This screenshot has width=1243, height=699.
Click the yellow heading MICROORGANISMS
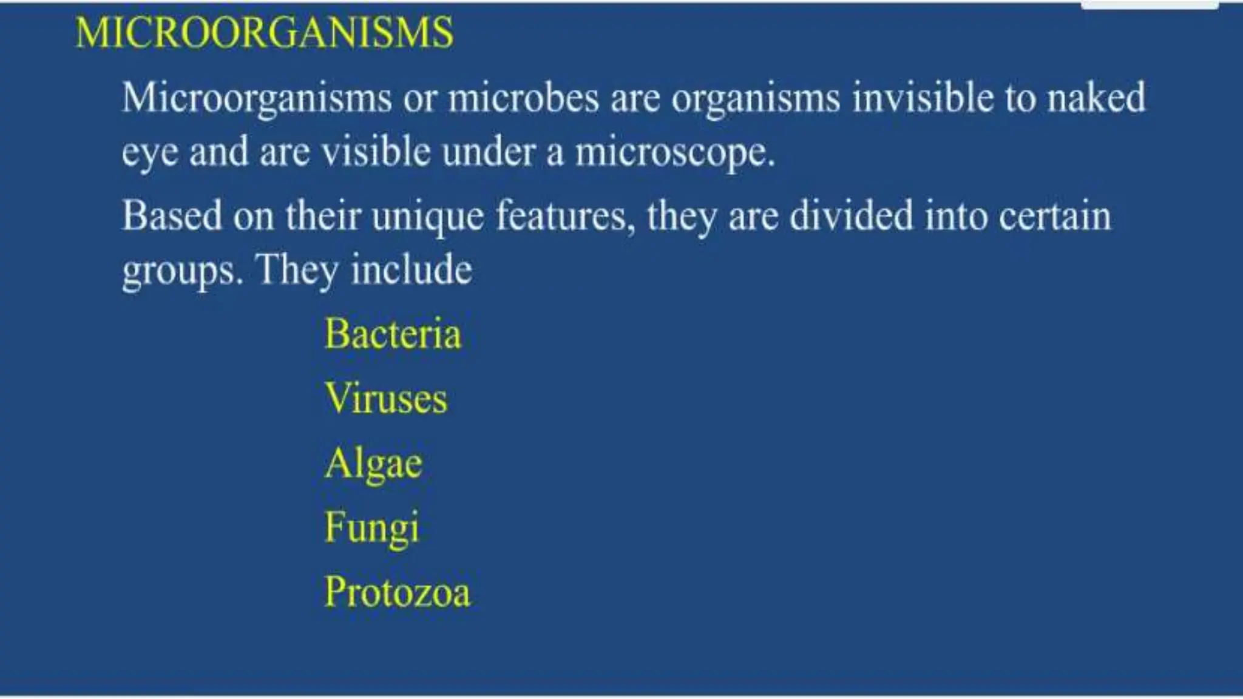click(264, 32)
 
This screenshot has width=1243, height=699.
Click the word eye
click(150, 153)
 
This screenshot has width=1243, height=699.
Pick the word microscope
click(674, 153)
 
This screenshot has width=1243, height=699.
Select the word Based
click(172, 216)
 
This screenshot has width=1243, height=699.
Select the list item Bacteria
click(393, 334)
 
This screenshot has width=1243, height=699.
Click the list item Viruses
click(386, 399)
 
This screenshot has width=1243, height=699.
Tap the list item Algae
click(373, 465)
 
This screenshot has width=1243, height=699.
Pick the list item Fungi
click(371, 528)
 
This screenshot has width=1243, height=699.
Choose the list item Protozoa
click(397, 592)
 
